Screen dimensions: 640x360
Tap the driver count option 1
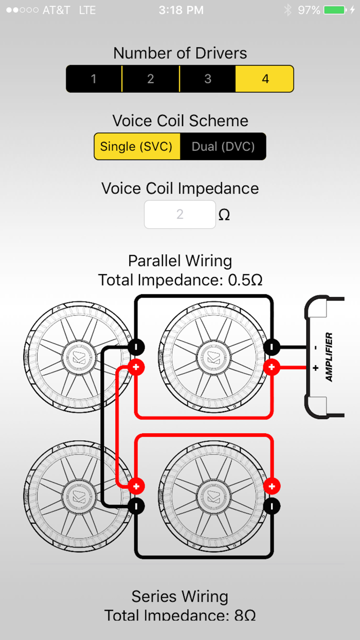click(94, 79)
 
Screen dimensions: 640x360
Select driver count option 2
click(151, 79)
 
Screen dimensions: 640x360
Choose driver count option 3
click(208, 79)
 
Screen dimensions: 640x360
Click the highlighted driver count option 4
click(265, 79)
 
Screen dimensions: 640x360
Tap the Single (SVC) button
click(137, 147)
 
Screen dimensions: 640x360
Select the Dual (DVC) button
click(223, 147)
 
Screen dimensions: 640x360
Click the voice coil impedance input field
click(179, 214)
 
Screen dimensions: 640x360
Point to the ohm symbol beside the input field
click(224, 215)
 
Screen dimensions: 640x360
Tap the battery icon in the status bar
click(334, 10)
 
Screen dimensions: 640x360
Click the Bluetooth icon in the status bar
click(288, 10)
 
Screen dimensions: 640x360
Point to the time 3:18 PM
click(181, 10)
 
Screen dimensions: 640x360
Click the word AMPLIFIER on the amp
click(329, 357)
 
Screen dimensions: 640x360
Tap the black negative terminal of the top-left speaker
click(136, 347)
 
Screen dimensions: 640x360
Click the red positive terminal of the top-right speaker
click(272, 367)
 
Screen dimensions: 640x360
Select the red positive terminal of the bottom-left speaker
click(136, 486)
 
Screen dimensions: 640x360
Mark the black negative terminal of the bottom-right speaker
click(272, 506)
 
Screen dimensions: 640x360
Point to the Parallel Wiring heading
click(180, 260)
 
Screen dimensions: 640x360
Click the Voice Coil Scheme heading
click(180, 120)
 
